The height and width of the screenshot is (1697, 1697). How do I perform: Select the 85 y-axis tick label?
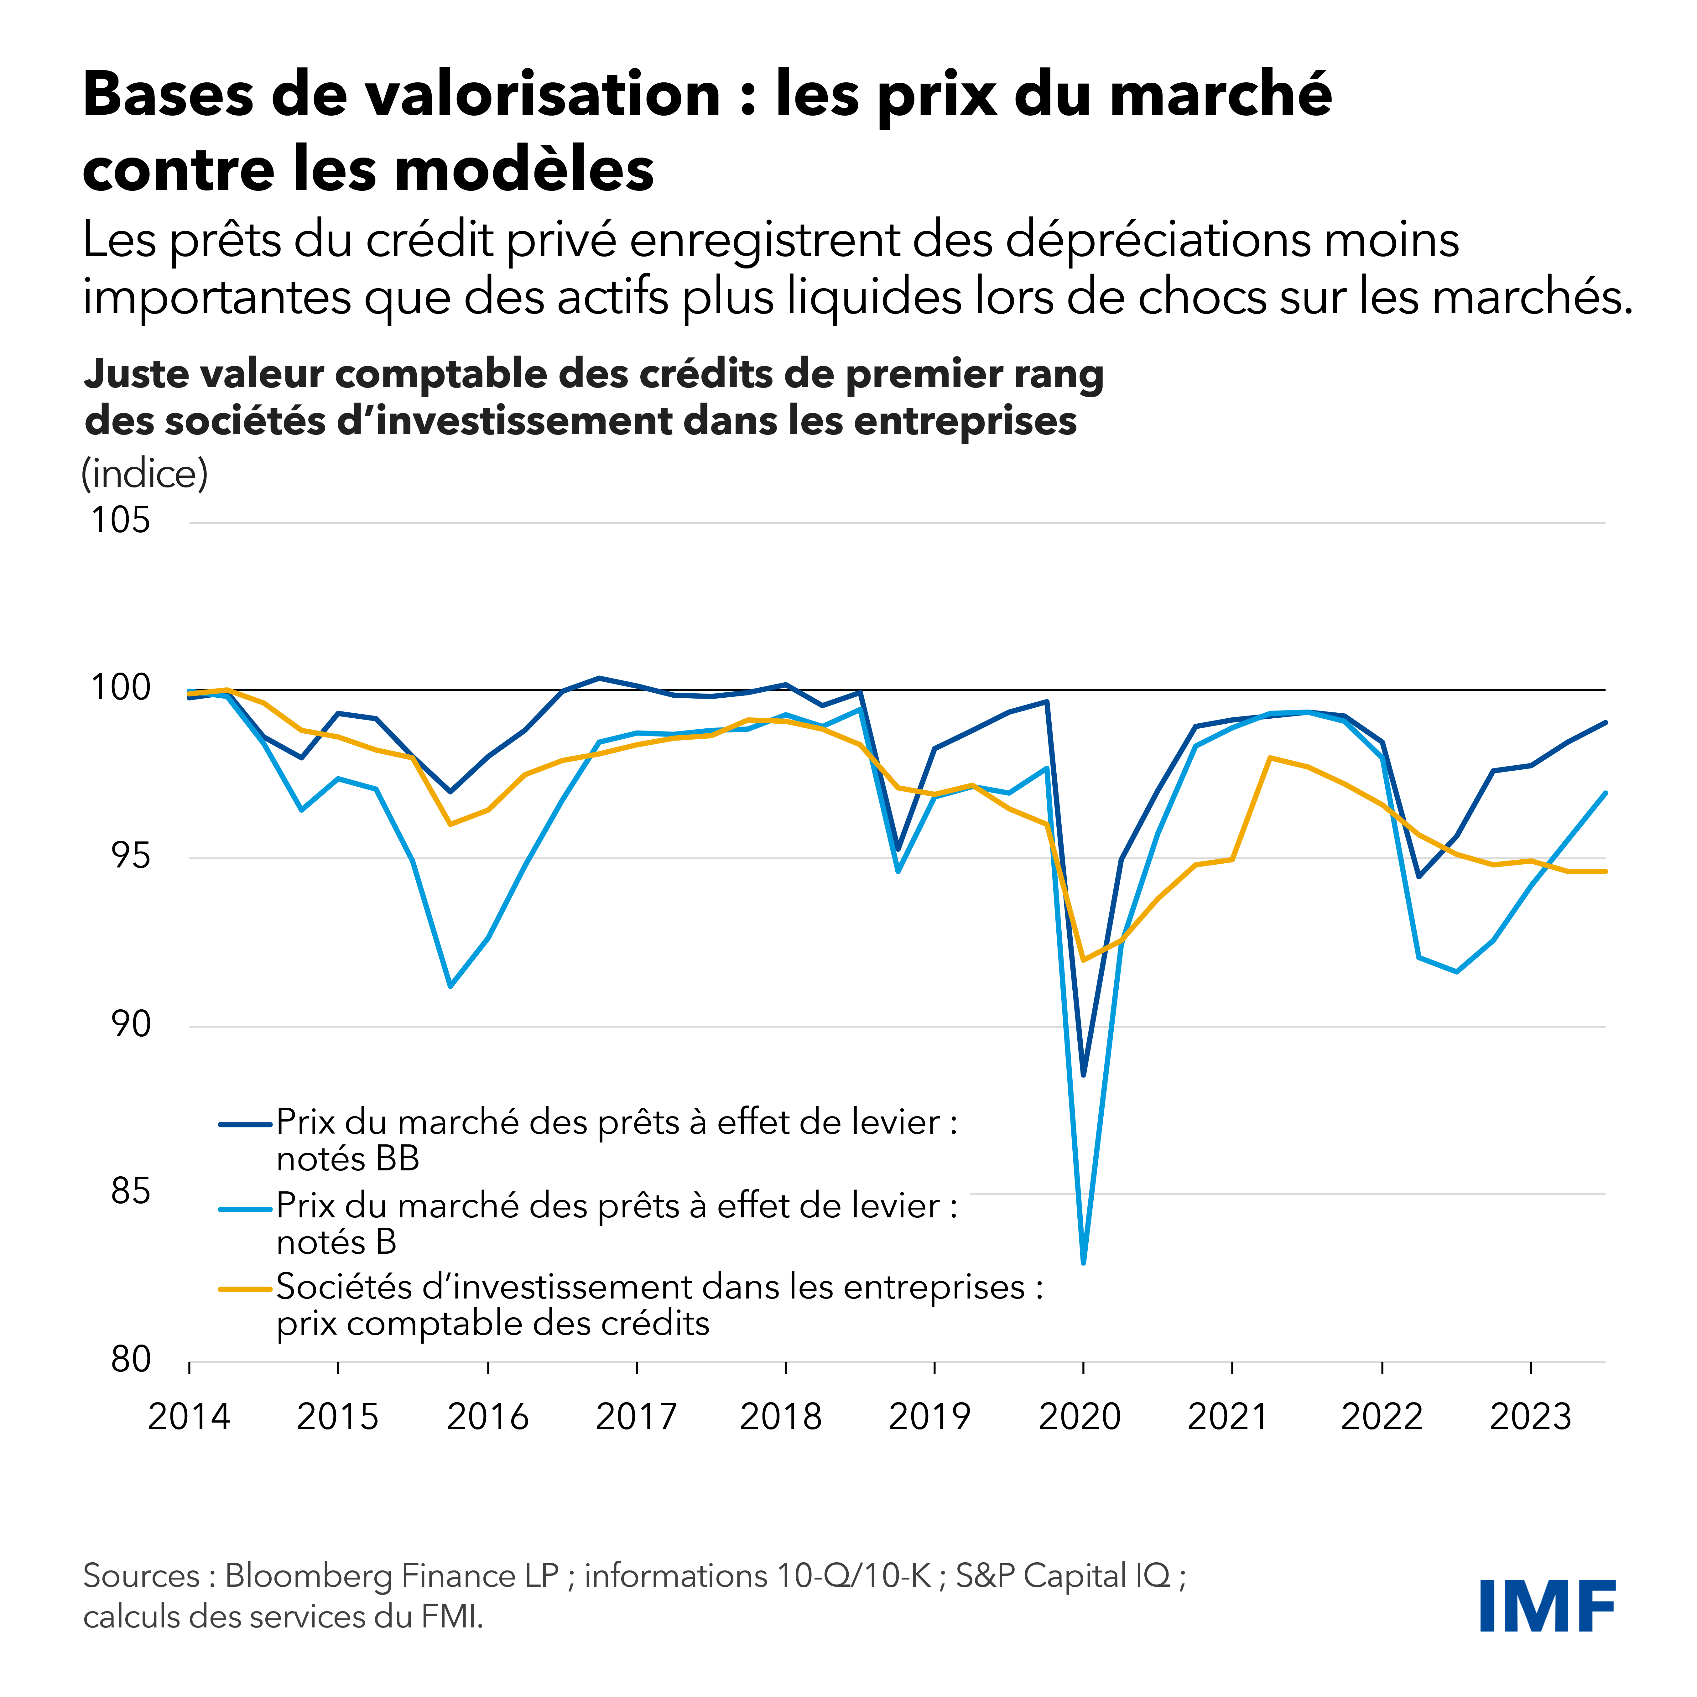pos(130,1192)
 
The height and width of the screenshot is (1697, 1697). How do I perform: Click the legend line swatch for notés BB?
pos(245,1123)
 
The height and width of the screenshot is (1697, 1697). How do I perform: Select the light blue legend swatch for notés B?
pos(245,1208)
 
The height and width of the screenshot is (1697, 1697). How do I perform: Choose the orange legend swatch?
pos(245,1288)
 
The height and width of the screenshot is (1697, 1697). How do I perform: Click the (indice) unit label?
pos(145,474)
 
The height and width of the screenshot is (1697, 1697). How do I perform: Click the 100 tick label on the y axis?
pos(120,688)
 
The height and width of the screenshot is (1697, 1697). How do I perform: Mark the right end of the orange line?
pos(1605,871)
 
